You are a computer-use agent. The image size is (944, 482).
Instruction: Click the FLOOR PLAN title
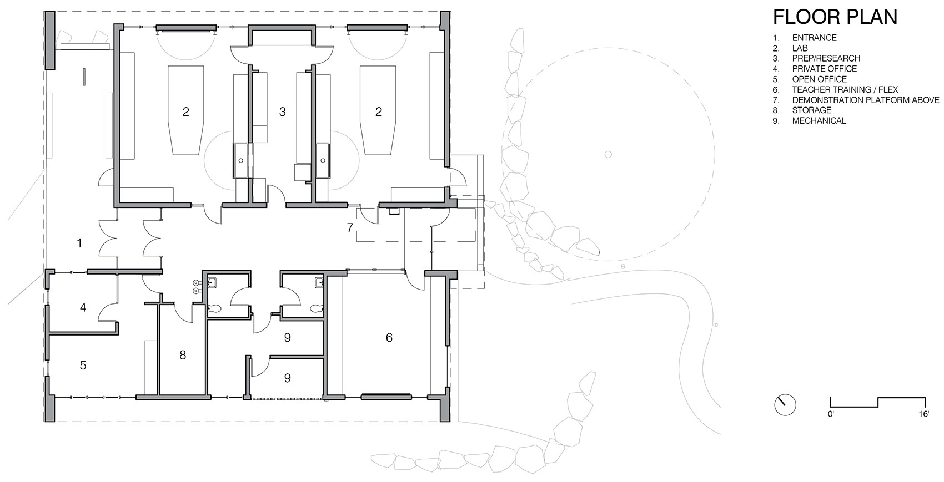pos(835,17)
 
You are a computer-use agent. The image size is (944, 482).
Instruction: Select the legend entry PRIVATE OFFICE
pos(824,69)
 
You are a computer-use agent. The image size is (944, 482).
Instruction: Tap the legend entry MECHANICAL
pos(819,120)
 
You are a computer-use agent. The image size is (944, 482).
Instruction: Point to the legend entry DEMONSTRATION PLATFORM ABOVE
pos(865,100)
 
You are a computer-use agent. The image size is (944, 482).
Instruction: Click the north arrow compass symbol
pos(785,404)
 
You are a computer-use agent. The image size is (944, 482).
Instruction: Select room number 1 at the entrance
pos(80,243)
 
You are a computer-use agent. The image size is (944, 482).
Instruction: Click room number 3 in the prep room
pos(282,112)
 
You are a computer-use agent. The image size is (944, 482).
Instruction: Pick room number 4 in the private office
pos(83,307)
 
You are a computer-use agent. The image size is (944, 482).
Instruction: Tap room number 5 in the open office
pos(83,365)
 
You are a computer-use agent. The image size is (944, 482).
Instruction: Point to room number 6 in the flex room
pos(389,337)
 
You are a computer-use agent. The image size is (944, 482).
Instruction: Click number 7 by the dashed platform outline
pos(350,227)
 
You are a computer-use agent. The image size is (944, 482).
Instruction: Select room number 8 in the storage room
pos(183,355)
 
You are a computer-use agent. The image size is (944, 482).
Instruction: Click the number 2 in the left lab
pos(186,112)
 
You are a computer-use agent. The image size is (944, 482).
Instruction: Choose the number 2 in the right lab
pos(379,112)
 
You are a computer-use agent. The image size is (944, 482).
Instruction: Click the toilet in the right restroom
pos(316,309)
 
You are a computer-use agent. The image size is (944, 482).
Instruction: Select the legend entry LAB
pos(800,48)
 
